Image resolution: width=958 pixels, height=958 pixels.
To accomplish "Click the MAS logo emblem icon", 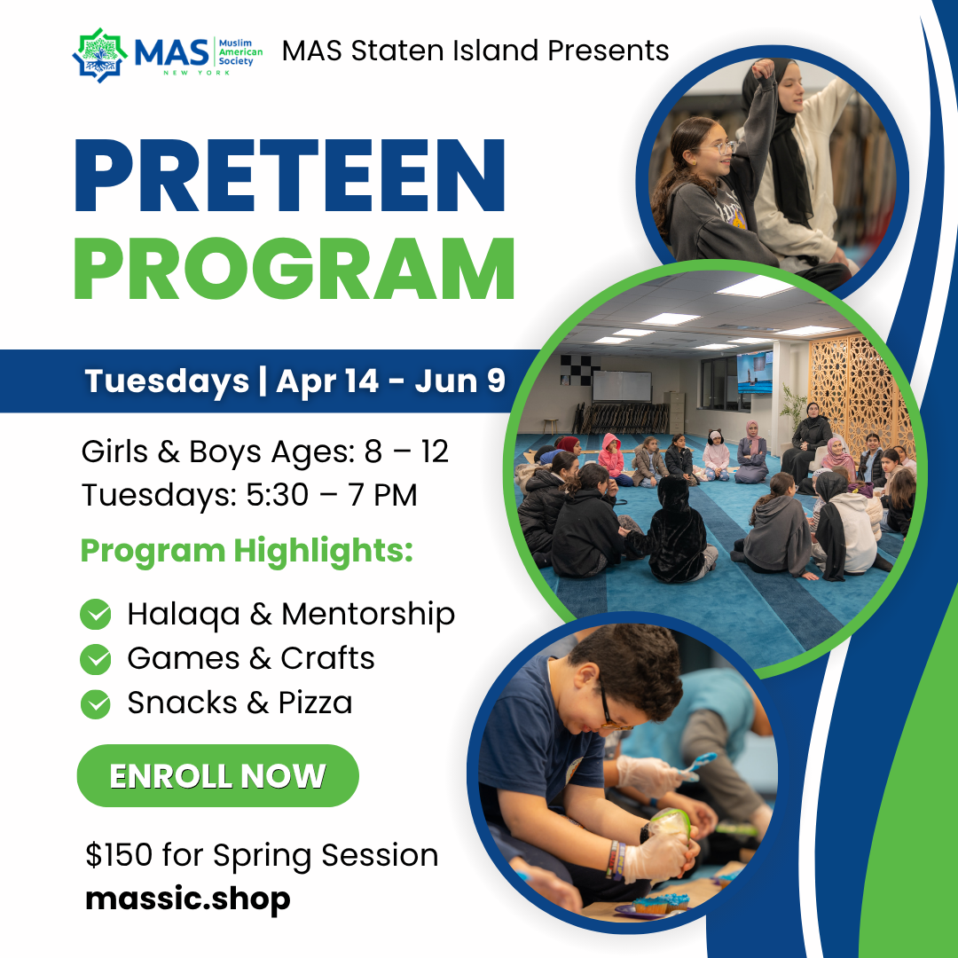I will tap(100, 55).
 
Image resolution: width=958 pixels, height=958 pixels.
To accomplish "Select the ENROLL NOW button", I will tap(217, 776).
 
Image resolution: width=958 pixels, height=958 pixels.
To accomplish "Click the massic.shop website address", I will tap(188, 899).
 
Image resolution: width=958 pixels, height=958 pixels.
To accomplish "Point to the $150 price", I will tap(119, 856).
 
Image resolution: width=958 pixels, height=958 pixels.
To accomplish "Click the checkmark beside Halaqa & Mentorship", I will tap(96, 615).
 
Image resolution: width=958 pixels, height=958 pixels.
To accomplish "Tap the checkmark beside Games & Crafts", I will tap(96, 659).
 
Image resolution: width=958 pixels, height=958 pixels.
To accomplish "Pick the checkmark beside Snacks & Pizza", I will tap(96, 703).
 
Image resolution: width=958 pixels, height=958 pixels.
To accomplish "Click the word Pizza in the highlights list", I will tap(315, 703).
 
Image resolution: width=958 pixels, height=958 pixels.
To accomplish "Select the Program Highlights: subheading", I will tap(247, 551).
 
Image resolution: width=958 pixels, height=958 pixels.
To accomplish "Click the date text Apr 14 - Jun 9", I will tap(390, 381).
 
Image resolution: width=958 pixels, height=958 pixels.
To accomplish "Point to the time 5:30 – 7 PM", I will tap(331, 496).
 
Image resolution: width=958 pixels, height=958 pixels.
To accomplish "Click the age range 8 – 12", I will tap(406, 452).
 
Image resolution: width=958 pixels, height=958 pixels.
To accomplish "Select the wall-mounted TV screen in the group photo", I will tap(754, 372).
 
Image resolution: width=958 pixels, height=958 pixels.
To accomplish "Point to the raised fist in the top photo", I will tap(763, 68).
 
